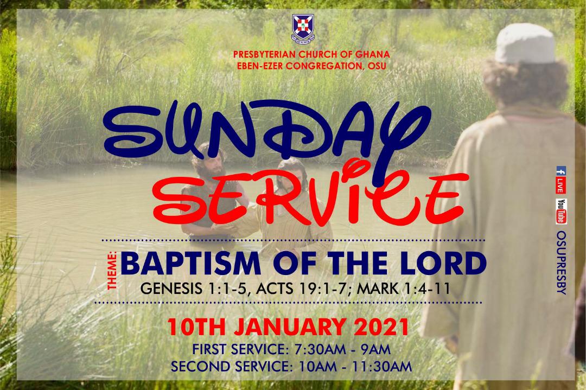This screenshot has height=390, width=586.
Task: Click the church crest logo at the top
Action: click(x=303, y=28)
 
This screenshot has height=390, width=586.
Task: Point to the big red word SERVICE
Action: click(x=310, y=196)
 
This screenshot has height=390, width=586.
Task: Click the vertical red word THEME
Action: click(x=112, y=271)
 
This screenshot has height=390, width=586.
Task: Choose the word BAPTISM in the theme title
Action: click(x=190, y=264)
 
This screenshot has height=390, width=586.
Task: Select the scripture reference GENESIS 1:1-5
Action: click(x=193, y=289)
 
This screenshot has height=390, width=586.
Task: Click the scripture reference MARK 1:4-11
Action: click(x=403, y=289)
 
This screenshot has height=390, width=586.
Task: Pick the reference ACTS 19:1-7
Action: click(x=303, y=289)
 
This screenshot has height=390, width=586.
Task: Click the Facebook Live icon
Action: click(x=560, y=180)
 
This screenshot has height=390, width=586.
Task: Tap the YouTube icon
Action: click(x=561, y=212)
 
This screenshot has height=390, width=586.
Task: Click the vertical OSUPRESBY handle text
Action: click(x=562, y=263)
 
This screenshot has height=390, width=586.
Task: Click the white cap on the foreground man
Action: click(x=525, y=43)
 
